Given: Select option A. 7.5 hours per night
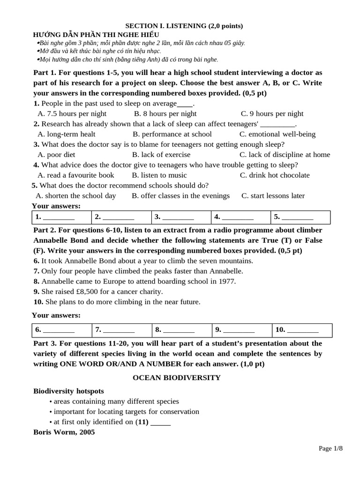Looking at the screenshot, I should pyautogui.click(x=72, y=113).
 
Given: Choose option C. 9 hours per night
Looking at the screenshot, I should pyautogui.click(x=272, y=113).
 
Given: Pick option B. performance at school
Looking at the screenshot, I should pyautogui.click(x=172, y=134).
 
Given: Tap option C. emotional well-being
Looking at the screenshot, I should pyautogui.click(x=277, y=134).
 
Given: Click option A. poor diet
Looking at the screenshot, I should pyautogui.click(x=56, y=155).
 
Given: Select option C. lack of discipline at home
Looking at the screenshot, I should pyautogui.click(x=285, y=155).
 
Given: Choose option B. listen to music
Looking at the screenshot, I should pyautogui.click(x=159, y=175).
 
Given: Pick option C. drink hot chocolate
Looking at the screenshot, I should pyautogui.click(x=274, y=175).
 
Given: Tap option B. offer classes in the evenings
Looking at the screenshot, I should pyautogui.click(x=180, y=196).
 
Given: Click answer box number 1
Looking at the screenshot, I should pyautogui.click(x=61, y=217).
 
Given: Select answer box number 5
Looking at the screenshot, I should pyautogui.click(x=300, y=217).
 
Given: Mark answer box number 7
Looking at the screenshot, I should pyautogui.click(x=121, y=330).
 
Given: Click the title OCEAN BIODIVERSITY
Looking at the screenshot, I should pyautogui.click(x=176, y=377).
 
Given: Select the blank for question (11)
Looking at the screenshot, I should pyautogui.click(x=161, y=422).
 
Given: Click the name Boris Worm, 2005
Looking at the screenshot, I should pyautogui.click(x=64, y=432).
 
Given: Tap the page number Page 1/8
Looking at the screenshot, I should pyautogui.click(x=330, y=449).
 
